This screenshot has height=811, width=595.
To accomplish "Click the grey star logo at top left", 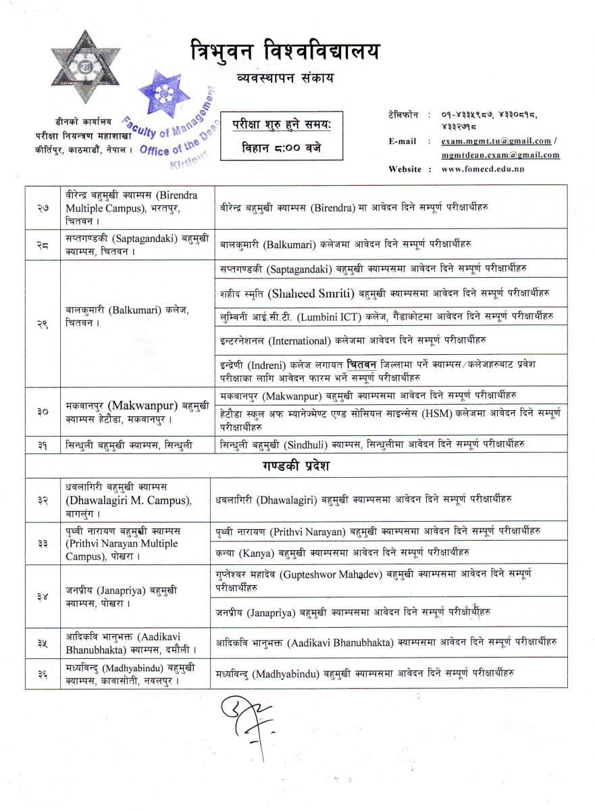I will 85,66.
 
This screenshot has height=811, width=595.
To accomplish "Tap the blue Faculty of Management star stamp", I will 164,93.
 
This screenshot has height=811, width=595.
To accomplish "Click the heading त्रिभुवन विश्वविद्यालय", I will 284,51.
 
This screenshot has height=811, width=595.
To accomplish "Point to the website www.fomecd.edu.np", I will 483,169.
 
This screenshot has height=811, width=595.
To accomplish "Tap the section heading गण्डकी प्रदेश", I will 296,466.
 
